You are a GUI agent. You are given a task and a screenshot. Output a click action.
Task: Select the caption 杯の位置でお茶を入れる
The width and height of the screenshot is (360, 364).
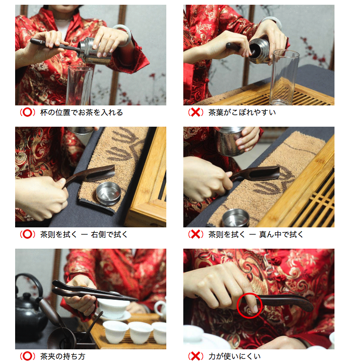coord(81,113)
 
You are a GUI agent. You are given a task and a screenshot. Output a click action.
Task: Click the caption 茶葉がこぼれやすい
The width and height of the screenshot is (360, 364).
coord(242,113)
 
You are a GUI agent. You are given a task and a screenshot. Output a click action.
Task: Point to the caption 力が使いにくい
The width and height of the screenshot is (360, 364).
coord(234,356)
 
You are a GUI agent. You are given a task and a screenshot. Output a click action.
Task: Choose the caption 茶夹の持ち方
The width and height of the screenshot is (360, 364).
coord(63,356)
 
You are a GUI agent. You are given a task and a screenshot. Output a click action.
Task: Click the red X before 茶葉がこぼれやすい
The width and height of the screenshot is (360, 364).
coord(196,113)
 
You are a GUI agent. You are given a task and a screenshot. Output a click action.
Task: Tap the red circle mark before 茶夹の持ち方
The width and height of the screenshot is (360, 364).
coord(27,356)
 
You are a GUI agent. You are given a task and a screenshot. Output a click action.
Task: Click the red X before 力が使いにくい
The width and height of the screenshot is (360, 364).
coord(196,356)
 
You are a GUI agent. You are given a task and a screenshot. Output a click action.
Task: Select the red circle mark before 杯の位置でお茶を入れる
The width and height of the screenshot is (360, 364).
coord(27,113)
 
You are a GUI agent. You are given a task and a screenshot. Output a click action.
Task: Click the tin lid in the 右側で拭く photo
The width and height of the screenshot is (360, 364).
coord(109,194)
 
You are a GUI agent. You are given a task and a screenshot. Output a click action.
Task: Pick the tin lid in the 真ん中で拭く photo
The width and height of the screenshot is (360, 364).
coord(236,218)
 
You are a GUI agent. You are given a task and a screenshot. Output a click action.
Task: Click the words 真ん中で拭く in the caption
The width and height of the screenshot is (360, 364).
coord(281,234)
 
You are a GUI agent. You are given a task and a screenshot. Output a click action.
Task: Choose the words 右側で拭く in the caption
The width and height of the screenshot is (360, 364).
coord(109,234)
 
